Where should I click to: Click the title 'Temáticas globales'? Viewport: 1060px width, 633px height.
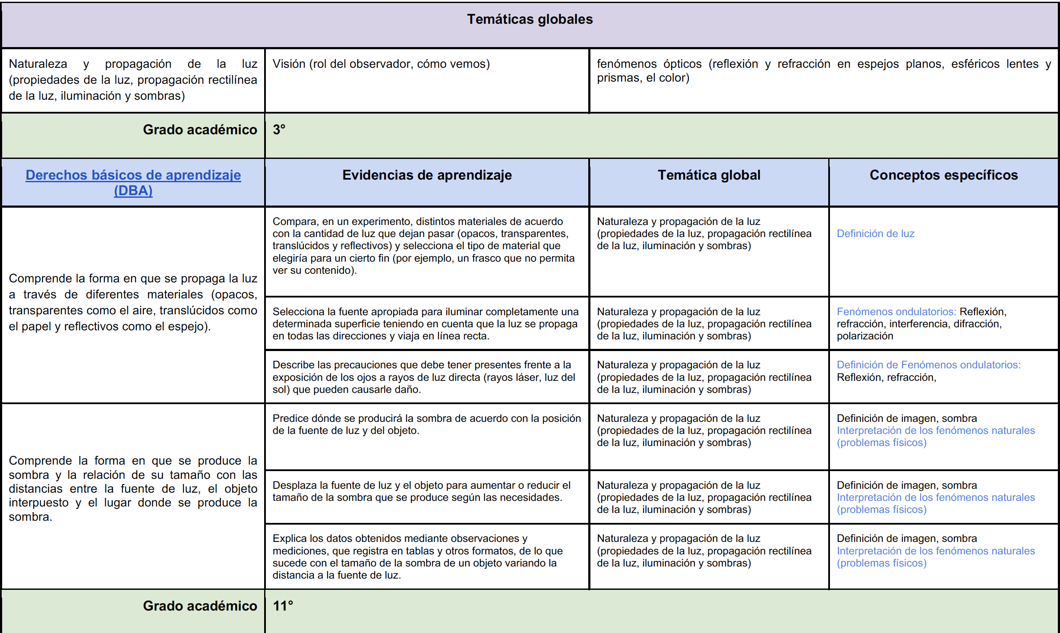click(x=530, y=19)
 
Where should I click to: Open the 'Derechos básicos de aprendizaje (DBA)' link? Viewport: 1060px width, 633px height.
click(x=133, y=182)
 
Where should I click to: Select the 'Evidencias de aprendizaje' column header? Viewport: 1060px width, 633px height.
click(x=427, y=175)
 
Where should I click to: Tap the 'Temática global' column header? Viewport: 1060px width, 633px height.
click(x=709, y=175)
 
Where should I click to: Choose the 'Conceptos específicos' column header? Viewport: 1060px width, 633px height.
click(x=943, y=175)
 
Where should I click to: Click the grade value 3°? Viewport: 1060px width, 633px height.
click(x=279, y=130)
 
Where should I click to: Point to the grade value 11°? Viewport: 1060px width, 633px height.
click(x=283, y=606)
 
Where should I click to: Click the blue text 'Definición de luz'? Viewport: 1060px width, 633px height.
click(x=875, y=234)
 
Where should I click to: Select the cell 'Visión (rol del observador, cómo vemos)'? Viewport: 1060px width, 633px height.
click(x=381, y=64)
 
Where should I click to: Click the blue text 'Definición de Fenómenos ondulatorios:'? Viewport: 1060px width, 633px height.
click(x=928, y=365)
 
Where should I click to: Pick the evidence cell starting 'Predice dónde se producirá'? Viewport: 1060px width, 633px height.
click(x=426, y=424)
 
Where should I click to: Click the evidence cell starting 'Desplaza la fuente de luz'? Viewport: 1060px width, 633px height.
click(x=421, y=491)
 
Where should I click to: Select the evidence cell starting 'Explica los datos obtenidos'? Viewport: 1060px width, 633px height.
click(x=417, y=557)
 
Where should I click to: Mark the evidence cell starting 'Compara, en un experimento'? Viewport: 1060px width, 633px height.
click(x=423, y=246)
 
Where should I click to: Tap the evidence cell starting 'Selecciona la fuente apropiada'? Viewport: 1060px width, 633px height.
click(x=425, y=324)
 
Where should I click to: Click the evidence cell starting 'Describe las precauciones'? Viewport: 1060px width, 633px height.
click(x=423, y=377)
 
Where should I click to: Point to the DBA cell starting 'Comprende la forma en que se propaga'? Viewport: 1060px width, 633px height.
click(x=133, y=302)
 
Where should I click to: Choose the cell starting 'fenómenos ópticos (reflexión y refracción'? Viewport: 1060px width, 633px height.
click(x=823, y=71)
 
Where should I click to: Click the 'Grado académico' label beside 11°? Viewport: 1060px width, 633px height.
click(x=200, y=606)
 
